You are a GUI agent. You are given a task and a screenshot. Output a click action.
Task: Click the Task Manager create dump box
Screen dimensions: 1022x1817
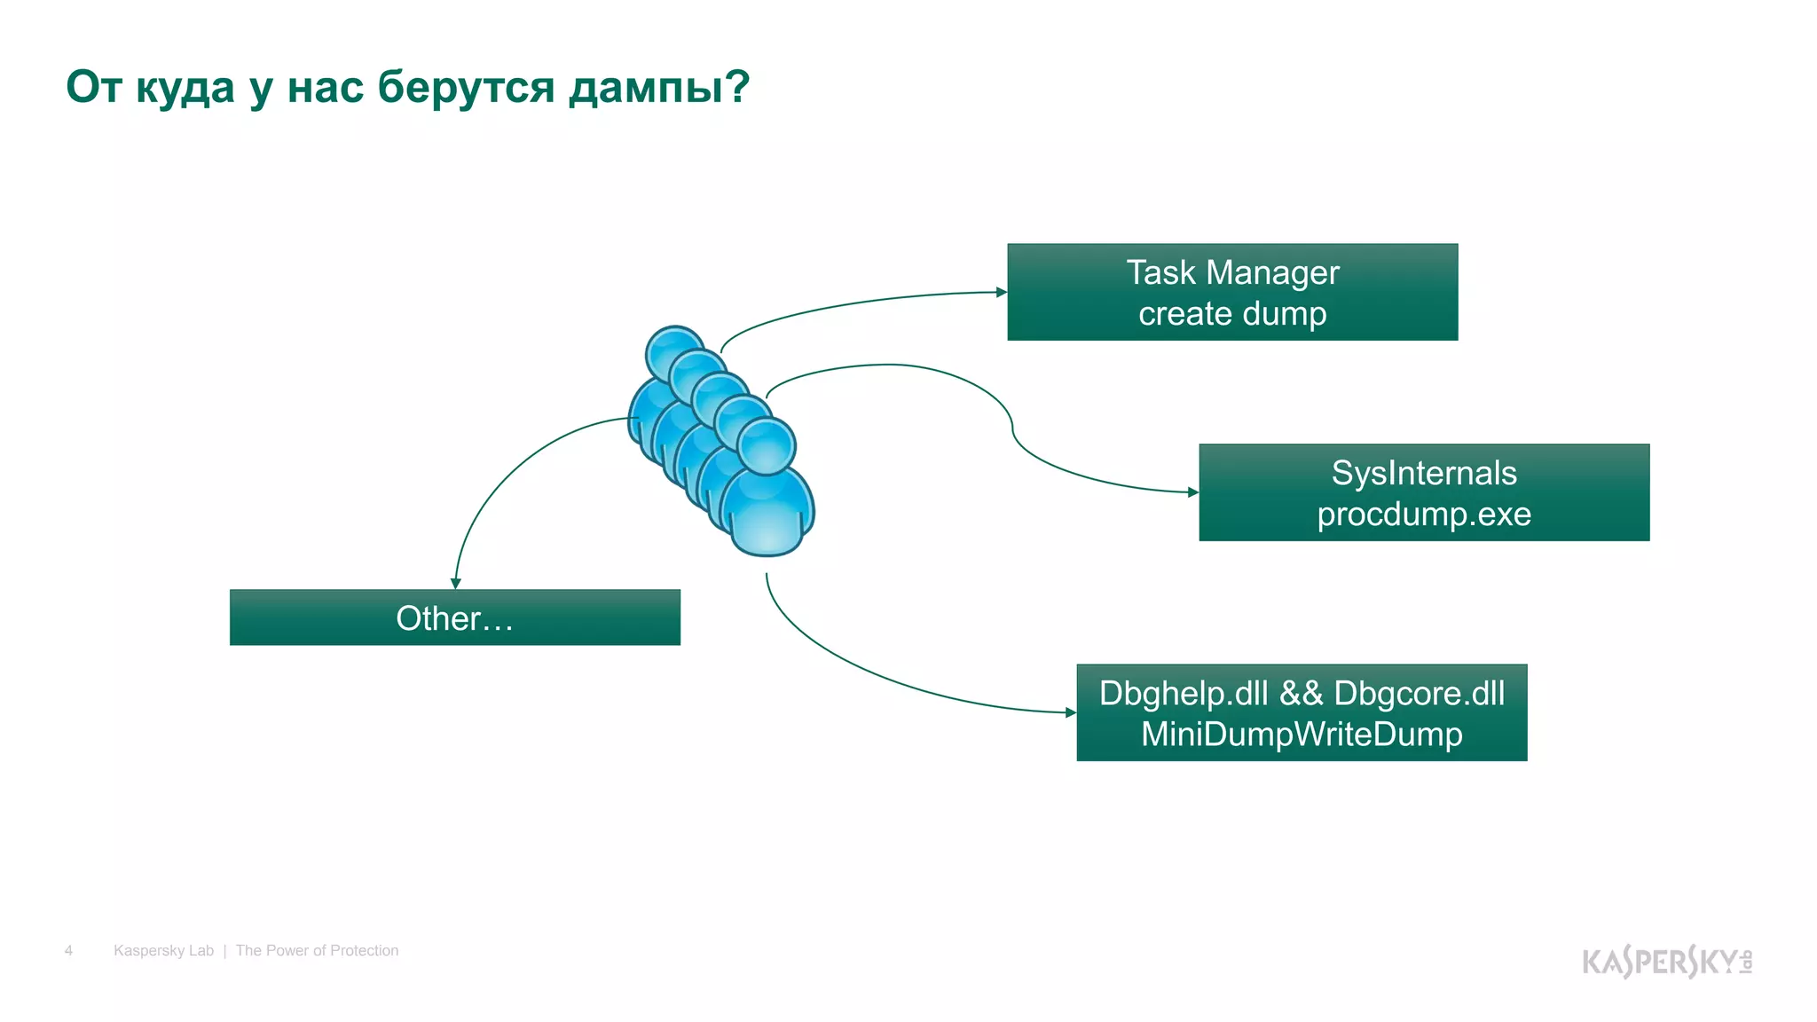coord(1232,292)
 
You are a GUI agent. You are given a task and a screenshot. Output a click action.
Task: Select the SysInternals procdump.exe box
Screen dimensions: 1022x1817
coord(1423,492)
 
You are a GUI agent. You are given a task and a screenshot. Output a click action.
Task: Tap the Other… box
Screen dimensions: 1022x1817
coord(454,617)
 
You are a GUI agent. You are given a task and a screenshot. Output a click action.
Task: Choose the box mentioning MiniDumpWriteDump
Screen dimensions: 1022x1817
coord(1302,712)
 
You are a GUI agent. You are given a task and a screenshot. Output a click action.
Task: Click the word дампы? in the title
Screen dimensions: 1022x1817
coord(659,87)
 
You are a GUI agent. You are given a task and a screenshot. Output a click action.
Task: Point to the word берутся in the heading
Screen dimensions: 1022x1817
coord(467,87)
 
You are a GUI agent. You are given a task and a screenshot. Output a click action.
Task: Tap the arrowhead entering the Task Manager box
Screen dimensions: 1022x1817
coord(1002,292)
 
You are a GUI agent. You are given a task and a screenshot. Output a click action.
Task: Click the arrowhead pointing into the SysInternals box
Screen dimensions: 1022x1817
coord(1193,492)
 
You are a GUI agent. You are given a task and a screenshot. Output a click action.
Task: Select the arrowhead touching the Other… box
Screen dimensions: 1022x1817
coord(455,584)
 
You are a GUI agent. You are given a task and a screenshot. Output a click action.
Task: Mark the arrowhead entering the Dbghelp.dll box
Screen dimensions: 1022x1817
coord(1071,712)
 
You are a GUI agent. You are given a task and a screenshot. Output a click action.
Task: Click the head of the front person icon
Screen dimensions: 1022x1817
coord(767,445)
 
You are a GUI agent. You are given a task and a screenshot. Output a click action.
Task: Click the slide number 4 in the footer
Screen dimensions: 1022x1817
coord(68,951)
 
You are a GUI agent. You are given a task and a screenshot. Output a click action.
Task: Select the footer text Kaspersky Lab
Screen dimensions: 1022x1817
coord(163,951)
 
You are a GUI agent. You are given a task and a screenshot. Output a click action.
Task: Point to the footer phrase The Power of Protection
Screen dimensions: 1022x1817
coord(317,951)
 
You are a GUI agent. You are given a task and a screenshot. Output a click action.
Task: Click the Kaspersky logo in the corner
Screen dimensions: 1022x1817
coord(1666,962)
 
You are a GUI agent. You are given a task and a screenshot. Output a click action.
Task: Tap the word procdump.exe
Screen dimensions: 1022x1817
coord(1423,515)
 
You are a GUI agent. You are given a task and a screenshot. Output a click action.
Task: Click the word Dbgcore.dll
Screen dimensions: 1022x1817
coord(1419,694)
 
